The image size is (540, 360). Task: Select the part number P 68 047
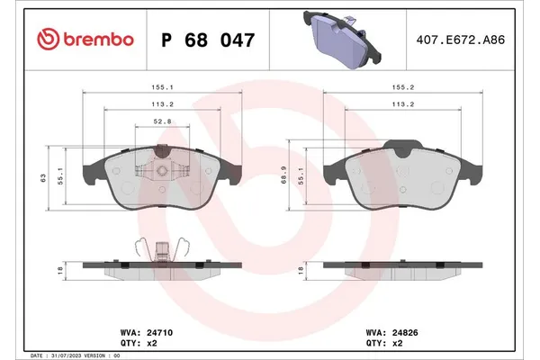pos(207,40)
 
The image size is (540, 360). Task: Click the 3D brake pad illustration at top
pos(344,40)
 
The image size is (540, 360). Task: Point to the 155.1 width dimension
pos(163,88)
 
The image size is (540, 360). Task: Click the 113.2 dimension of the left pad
pos(163,103)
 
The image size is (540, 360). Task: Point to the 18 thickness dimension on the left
pos(61,269)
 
